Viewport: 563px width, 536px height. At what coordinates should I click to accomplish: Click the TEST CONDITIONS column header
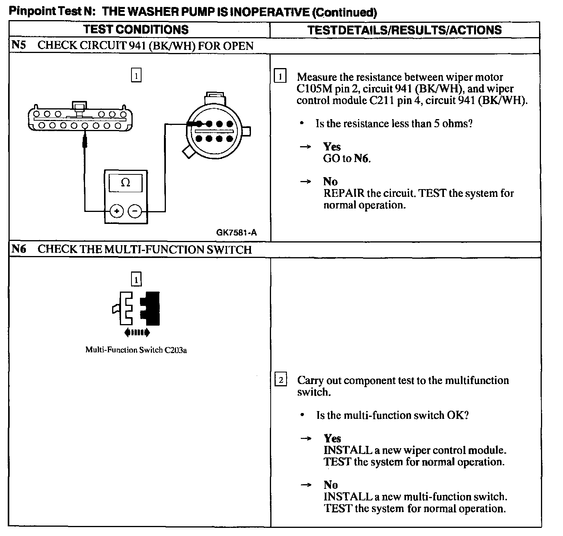click(136, 29)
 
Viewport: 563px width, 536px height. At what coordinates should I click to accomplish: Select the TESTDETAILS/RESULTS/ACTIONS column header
click(404, 30)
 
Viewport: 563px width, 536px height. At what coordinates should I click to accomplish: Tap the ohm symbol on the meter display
click(126, 182)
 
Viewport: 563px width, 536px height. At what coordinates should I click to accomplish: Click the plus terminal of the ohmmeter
click(117, 211)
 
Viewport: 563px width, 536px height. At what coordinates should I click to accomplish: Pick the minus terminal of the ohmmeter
click(135, 211)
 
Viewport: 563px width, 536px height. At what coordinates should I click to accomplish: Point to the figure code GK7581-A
click(236, 232)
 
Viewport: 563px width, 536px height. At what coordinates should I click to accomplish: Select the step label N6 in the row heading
click(19, 249)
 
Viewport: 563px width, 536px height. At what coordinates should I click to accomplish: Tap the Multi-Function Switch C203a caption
click(136, 350)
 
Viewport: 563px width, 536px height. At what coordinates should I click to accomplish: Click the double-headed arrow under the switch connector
click(137, 332)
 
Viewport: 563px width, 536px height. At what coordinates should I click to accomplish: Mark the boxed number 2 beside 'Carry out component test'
click(281, 380)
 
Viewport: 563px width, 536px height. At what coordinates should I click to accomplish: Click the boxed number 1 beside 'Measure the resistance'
click(280, 76)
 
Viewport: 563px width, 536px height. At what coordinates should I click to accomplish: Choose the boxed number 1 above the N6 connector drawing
click(136, 279)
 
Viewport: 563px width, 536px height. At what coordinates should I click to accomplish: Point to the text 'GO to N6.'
click(347, 159)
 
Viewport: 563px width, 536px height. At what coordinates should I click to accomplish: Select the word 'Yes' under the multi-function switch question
click(332, 438)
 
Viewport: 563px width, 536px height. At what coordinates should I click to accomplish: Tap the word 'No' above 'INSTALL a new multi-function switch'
click(331, 485)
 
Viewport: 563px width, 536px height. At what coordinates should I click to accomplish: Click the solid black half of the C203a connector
click(151, 308)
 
